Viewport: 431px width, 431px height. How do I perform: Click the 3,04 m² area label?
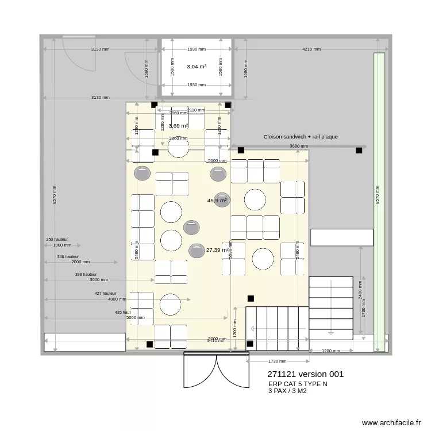[197, 67]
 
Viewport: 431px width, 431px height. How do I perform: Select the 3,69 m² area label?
[179, 126]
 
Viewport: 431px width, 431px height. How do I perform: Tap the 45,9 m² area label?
[217, 201]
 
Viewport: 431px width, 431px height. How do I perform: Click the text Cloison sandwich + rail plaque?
[301, 137]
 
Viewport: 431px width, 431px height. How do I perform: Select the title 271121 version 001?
[305, 374]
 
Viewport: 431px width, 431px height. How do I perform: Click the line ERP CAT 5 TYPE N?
[298, 384]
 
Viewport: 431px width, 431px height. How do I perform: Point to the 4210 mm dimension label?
[311, 49]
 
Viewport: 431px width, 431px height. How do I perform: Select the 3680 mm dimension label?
[299, 147]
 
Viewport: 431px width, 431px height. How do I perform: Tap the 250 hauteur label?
[57, 239]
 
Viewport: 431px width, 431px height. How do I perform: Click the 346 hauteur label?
[68, 257]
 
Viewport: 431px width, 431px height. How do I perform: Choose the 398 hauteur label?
[86, 275]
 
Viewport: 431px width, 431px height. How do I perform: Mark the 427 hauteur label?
[106, 293]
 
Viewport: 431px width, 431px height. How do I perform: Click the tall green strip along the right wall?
[379, 201]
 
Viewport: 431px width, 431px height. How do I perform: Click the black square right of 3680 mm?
[359, 151]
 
